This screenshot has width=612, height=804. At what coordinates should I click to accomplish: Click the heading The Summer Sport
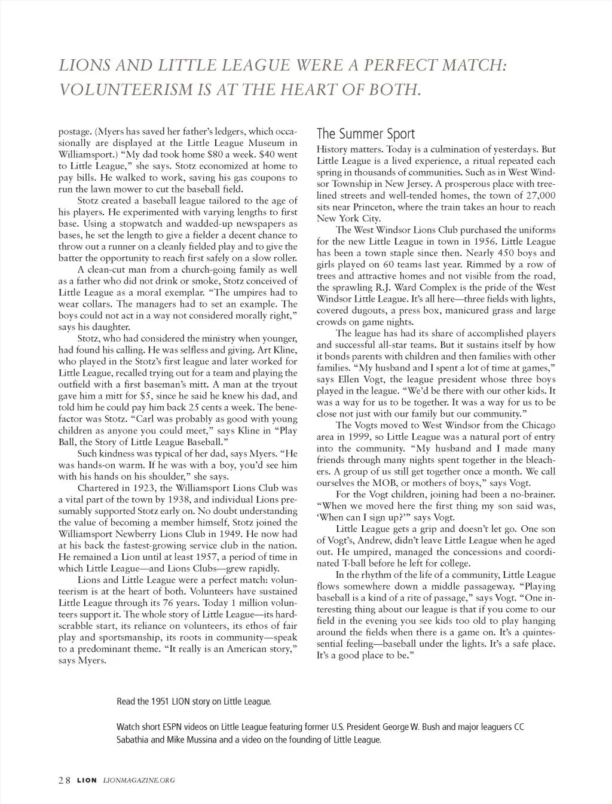tap(365, 133)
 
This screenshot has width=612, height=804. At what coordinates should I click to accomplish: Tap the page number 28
tap(65, 779)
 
